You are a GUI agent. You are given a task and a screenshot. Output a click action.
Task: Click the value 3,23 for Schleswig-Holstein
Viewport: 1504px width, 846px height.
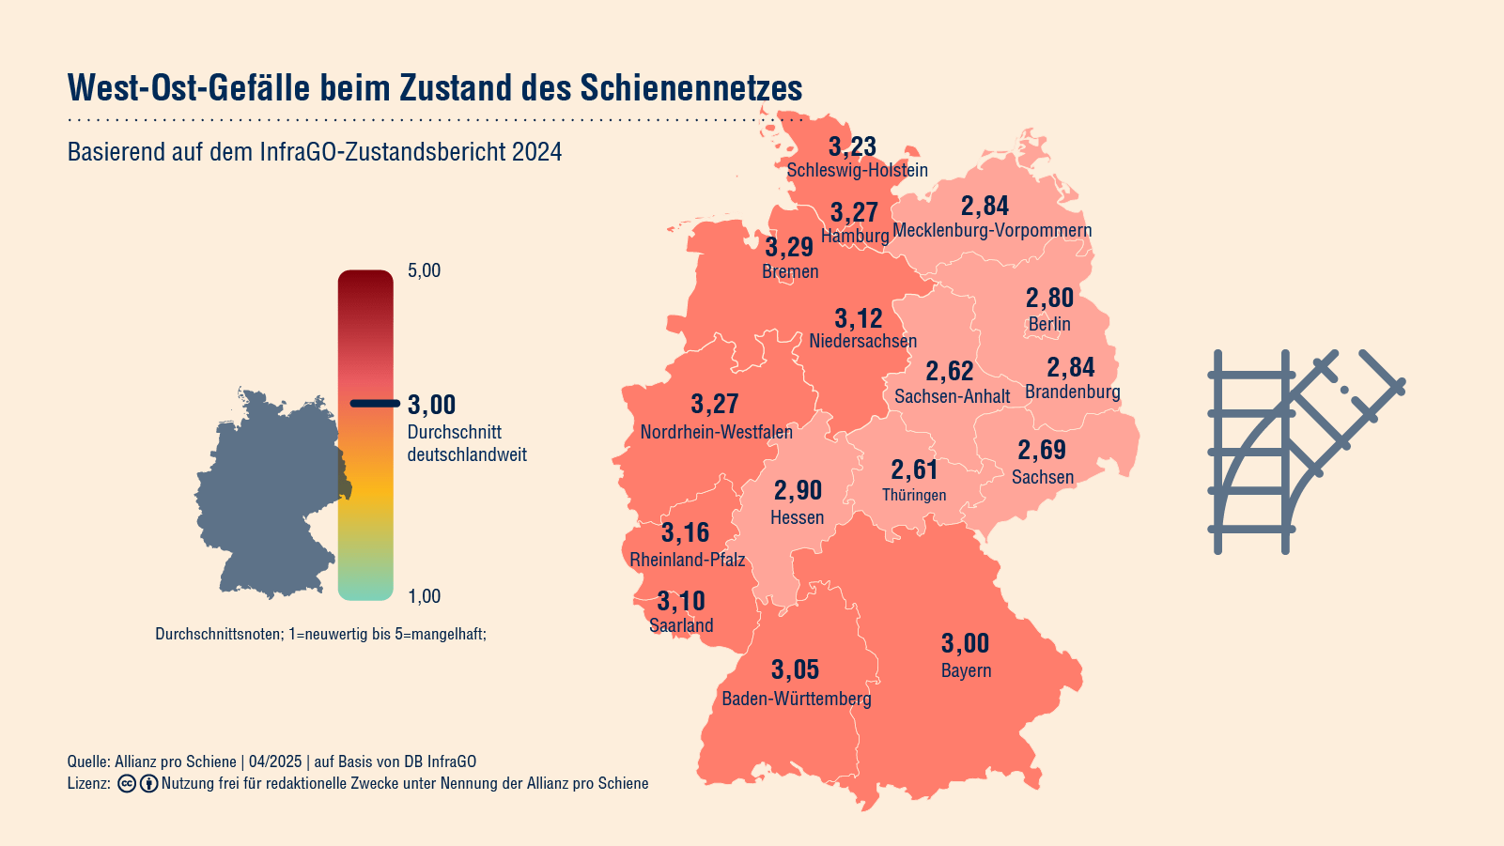[x=852, y=146]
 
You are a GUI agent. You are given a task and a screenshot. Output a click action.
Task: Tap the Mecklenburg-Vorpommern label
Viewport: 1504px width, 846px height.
[x=992, y=230]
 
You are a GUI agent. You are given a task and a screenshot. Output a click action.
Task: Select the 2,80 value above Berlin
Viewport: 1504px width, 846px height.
[x=1049, y=298]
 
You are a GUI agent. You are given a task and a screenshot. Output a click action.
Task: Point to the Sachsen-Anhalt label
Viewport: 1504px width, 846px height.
[x=952, y=396]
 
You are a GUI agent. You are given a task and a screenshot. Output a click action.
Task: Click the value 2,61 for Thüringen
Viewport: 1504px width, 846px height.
[x=914, y=469]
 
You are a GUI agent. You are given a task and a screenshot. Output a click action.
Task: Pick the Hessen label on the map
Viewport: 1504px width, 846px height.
[x=797, y=517]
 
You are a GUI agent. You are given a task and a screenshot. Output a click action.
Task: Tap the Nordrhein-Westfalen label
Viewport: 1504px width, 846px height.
[x=716, y=432]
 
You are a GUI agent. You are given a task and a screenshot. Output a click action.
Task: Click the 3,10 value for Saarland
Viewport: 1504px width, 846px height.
[x=681, y=601]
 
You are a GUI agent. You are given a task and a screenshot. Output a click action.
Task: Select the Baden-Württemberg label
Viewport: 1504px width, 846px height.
[x=797, y=699]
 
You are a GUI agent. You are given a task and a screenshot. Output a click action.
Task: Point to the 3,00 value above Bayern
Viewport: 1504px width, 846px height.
[x=965, y=643]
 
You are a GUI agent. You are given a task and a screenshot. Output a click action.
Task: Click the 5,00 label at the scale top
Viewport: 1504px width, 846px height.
[x=424, y=270]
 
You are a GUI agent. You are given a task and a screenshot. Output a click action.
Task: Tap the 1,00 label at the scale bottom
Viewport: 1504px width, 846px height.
[x=424, y=596]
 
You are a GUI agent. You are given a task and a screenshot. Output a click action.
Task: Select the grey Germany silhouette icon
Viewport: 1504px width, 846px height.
[x=268, y=493]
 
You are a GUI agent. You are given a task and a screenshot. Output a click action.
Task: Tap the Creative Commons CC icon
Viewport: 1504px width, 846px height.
[x=127, y=783]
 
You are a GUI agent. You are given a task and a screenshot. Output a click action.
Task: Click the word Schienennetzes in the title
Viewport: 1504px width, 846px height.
[x=690, y=87]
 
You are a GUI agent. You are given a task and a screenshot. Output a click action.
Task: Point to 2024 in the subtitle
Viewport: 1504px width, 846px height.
[x=536, y=152]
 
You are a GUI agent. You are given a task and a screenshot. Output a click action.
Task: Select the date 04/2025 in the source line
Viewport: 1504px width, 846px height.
[x=275, y=761]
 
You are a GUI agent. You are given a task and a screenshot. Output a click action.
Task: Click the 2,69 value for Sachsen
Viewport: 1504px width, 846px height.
[x=1042, y=450]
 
